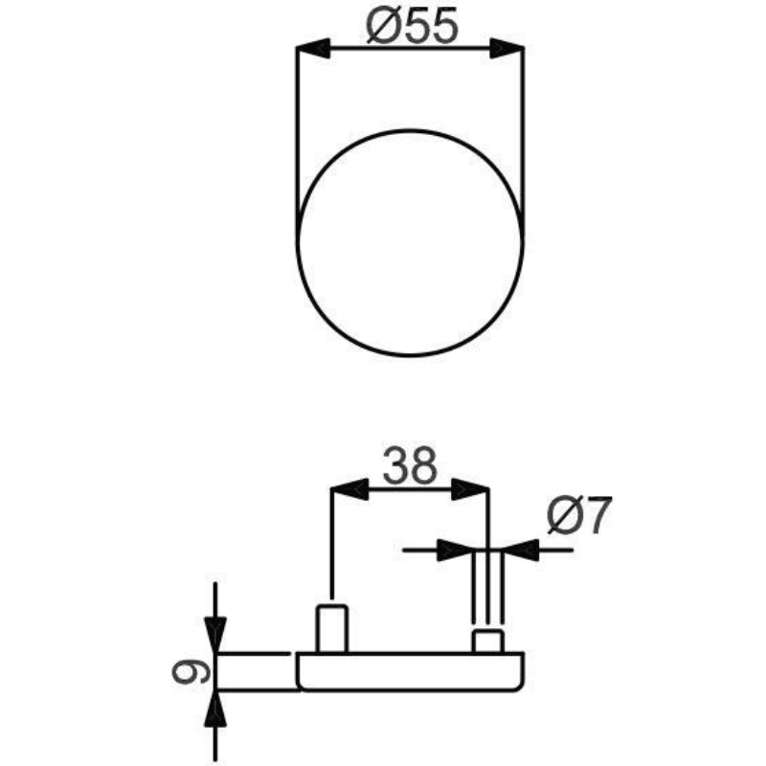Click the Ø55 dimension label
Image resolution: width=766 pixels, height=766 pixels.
[x=413, y=27]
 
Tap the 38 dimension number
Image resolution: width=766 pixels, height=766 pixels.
[x=410, y=466]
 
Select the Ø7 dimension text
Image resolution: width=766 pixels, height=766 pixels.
[x=579, y=515]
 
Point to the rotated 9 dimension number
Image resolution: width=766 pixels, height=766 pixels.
[x=191, y=672]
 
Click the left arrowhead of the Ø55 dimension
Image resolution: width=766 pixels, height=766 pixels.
[x=313, y=48]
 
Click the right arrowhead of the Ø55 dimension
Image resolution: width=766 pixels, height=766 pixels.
[x=507, y=48]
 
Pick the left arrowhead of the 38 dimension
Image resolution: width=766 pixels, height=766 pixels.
[x=349, y=488]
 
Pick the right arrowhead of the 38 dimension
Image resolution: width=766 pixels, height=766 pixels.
[x=470, y=488]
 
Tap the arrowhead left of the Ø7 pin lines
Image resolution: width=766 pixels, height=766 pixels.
[x=455, y=550]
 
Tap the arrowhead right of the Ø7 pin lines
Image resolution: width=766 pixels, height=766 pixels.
[x=522, y=550]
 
